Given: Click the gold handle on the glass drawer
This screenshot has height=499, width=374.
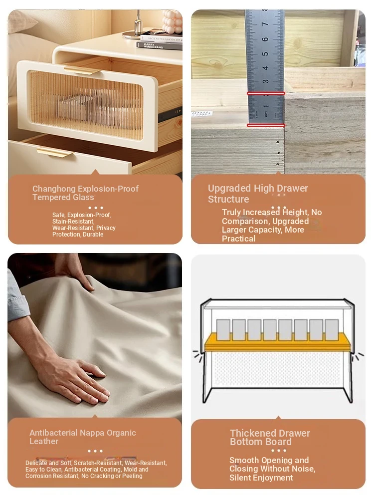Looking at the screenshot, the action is pos(82,70).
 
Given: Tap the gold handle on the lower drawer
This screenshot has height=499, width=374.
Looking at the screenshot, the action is pos(55,152).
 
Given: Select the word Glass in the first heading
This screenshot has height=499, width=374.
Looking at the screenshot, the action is pos(84,197).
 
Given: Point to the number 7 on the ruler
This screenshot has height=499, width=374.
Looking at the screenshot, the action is pos(265,24).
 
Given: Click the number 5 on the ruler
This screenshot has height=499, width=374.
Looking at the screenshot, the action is pos(265,54).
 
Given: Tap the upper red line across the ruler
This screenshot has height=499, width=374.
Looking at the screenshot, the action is pos(266,93).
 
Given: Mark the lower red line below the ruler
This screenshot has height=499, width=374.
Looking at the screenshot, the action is pos(266,125).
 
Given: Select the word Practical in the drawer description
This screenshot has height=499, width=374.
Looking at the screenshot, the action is pos(238,239).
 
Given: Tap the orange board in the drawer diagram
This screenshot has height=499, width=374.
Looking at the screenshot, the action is pos(277,342).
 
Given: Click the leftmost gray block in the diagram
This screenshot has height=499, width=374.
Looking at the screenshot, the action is pos(223,329).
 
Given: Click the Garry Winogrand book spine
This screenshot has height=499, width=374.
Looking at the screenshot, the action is pos(160,46).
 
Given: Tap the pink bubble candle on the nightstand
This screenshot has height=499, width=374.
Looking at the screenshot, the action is pos(172,21).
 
